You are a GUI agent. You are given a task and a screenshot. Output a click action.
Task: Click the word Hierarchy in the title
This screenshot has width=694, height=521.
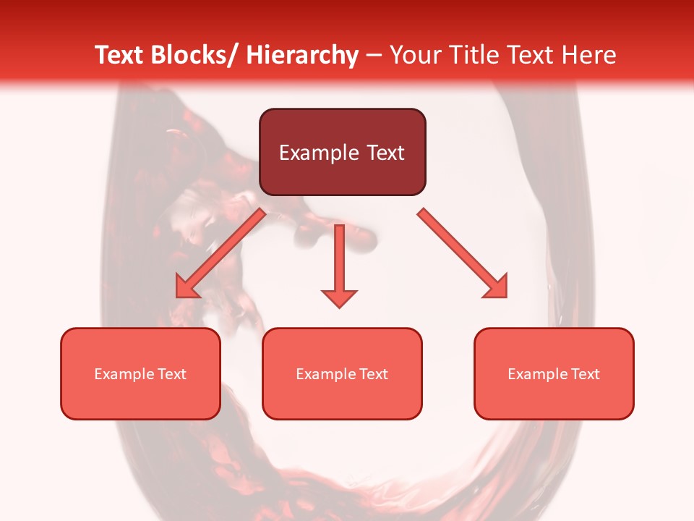coord(302,55)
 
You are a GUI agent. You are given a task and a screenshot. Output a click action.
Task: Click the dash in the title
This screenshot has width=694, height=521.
coord(374,55)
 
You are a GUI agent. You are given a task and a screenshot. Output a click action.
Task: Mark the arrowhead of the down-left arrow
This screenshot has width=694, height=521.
coord(187,288)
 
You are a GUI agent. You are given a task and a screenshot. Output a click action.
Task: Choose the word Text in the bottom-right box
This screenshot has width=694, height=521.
coord(586,374)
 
